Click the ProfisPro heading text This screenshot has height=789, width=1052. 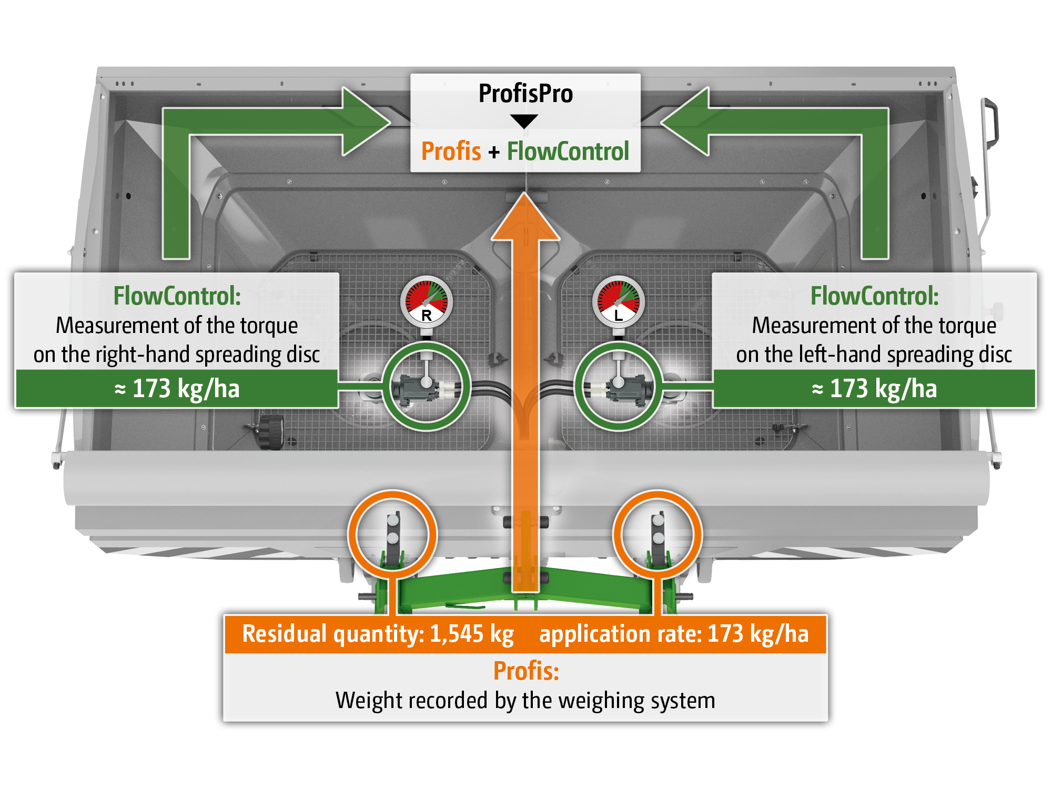(525, 94)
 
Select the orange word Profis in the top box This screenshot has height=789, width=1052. (451, 151)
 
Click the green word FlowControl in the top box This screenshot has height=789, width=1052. (568, 151)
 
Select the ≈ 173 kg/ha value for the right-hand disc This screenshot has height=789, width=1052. (177, 389)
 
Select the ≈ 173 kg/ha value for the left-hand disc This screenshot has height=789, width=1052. (874, 389)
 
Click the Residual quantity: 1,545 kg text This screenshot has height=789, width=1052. (378, 634)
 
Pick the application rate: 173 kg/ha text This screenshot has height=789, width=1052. (674, 634)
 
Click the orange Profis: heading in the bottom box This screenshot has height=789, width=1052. (525, 671)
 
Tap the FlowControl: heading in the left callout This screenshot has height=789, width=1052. (177, 296)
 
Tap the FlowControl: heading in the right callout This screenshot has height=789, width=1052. (874, 296)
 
